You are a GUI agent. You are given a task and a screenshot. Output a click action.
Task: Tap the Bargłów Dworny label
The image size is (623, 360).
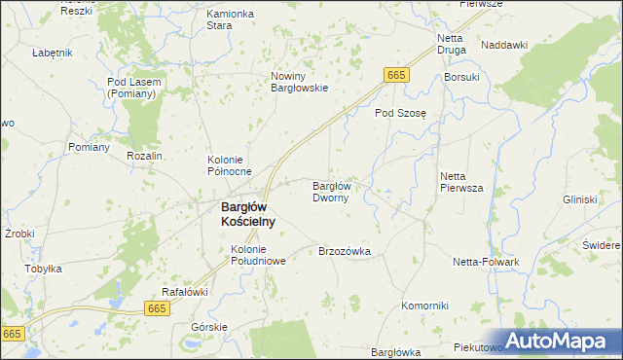coord(337,191)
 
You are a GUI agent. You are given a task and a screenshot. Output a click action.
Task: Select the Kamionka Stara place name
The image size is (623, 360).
coord(231,19)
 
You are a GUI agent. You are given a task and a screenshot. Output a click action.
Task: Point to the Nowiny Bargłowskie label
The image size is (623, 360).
coord(300,81)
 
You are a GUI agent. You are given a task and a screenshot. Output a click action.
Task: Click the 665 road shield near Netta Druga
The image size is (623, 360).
coord(395,75)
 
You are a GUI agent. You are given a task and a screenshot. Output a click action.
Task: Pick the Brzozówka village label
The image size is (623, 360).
coord(345,251)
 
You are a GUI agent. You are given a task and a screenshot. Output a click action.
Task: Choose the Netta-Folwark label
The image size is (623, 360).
coord(486,262)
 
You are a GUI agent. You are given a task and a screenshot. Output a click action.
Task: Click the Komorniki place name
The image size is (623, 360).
coord(424,306)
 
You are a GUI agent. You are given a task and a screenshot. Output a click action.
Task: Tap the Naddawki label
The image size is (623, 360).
coord(504,45)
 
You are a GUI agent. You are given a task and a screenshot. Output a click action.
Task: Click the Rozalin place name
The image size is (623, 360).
coord(143,156)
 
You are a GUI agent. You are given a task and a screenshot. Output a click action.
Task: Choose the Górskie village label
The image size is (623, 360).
coord(209,327)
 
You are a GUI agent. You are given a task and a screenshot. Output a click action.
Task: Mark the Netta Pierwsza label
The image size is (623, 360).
coord(461,182)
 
